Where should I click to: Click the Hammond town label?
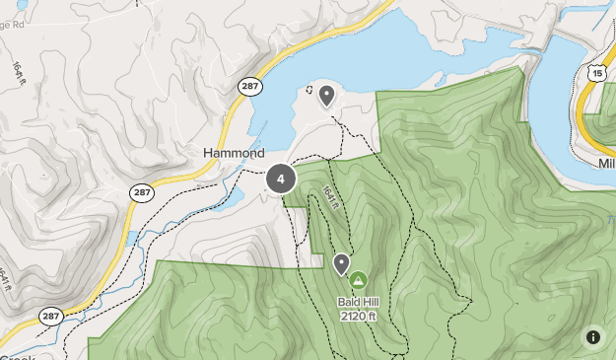pos(234,154)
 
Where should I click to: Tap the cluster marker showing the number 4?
pos(281,179)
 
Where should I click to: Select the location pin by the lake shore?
pos(325,96)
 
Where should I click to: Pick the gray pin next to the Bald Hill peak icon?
pos(341,263)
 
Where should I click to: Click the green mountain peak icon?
pos(357,280)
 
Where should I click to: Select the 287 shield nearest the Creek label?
pos(51,316)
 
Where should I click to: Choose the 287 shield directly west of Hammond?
pos(142,192)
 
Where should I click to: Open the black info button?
pos(593,336)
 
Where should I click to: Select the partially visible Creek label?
pos(17,357)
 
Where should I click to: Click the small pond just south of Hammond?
pos(235,198)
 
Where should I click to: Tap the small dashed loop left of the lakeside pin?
pos(309,90)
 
